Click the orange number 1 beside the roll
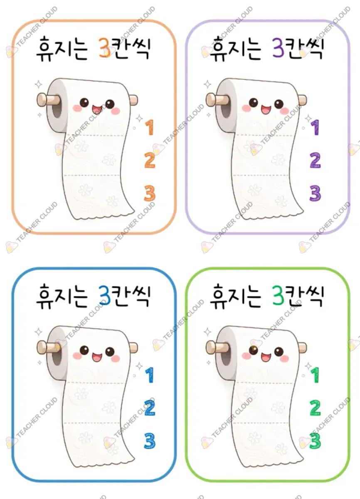point(150,127)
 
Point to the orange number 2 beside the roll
point(150,160)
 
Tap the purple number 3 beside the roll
point(315,193)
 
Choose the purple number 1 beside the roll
point(315,127)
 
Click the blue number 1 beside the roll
point(150,375)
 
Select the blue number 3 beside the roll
point(150,441)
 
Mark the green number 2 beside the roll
point(315,408)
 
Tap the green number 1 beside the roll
point(315,375)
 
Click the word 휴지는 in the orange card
point(62,49)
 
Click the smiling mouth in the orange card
point(97,109)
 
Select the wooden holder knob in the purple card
point(212,99)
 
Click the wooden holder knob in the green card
point(212,347)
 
